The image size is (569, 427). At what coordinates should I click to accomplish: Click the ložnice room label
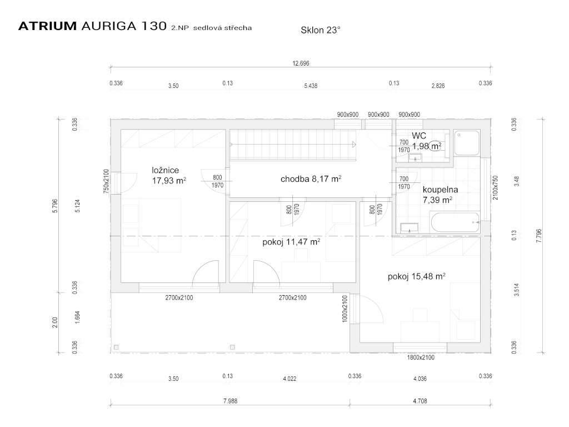click(166, 170)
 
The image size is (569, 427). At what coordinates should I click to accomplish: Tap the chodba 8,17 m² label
click(311, 178)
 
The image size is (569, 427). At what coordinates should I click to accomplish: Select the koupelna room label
click(440, 190)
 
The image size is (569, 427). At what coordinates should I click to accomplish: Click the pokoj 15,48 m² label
click(417, 276)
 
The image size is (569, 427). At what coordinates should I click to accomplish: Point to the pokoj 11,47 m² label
click(291, 242)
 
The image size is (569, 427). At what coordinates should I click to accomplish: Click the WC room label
click(419, 136)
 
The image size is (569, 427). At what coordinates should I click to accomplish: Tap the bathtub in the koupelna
click(455, 222)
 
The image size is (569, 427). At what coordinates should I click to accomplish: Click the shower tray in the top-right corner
click(467, 143)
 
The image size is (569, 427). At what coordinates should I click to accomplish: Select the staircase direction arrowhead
click(354, 145)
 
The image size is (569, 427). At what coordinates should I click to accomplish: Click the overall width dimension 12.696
click(301, 63)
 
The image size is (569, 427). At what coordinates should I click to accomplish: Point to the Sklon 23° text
click(321, 30)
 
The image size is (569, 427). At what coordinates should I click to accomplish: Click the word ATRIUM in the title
click(48, 26)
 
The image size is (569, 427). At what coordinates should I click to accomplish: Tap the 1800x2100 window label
click(421, 358)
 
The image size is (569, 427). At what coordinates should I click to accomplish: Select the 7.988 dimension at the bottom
click(230, 401)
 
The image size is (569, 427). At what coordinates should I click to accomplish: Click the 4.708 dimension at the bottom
click(420, 401)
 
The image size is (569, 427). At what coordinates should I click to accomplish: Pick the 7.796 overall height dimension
click(538, 236)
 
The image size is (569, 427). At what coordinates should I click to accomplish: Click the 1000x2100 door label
click(345, 309)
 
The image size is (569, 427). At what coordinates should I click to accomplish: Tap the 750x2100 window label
click(106, 181)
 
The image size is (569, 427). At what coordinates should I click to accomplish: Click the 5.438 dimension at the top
click(311, 86)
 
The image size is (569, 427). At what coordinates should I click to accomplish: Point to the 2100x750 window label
click(496, 188)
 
